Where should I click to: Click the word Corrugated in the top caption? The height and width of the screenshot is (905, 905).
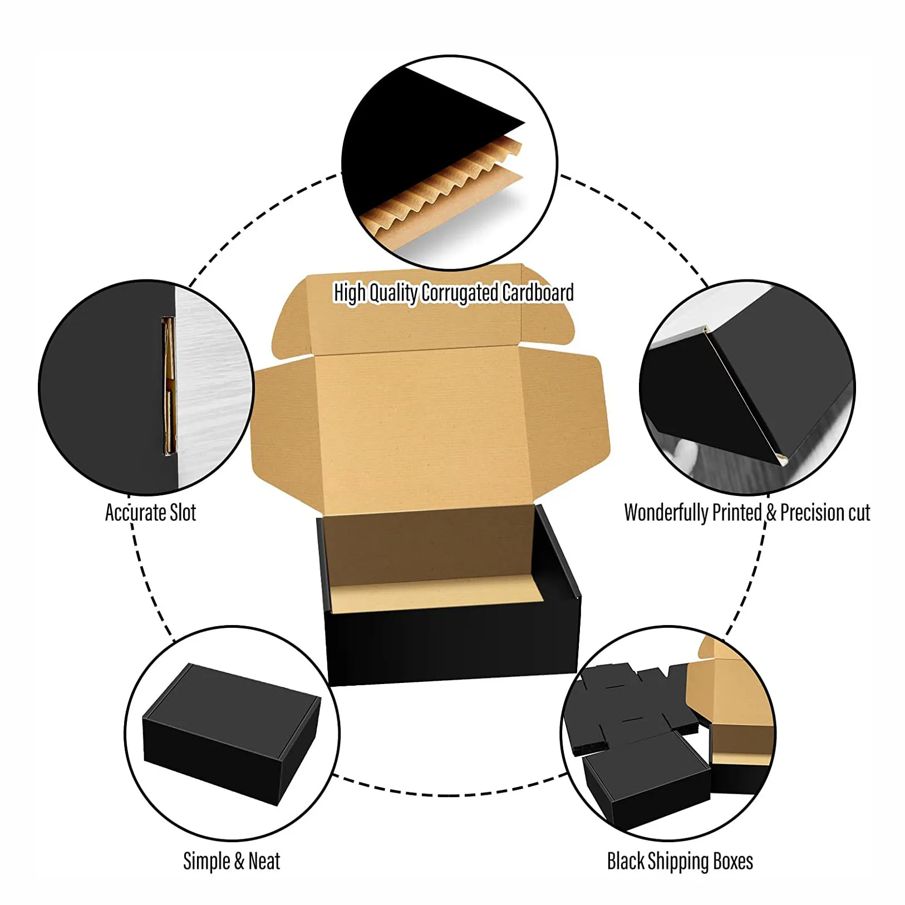[460, 292]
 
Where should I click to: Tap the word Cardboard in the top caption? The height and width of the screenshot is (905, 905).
[538, 292]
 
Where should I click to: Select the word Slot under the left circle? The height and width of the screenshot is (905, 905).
[183, 513]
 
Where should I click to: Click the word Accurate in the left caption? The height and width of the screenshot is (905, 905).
[135, 513]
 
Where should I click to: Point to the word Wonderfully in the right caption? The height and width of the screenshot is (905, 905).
[665, 513]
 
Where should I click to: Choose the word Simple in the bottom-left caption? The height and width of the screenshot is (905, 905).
[206, 861]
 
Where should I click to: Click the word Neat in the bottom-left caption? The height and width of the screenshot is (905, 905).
[264, 861]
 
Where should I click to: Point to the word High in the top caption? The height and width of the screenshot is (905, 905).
[349, 292]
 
